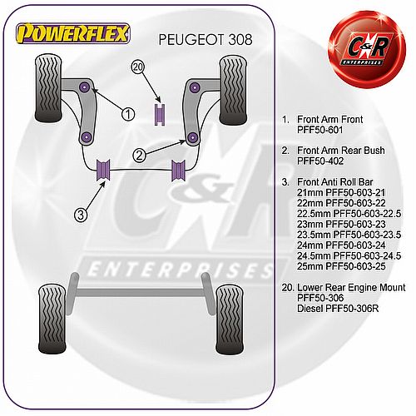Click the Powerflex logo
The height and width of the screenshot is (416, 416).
73,33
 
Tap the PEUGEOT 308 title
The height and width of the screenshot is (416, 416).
206,40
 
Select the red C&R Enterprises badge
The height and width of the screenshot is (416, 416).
367,49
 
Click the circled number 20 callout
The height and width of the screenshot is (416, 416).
138,67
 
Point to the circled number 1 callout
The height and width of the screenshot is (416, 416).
128,114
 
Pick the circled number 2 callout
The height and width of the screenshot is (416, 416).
139,156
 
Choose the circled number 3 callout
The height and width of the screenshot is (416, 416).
81,215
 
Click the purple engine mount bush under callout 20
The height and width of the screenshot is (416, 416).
160,114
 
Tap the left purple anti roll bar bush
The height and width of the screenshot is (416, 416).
103,170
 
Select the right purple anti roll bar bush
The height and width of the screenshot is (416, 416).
178,170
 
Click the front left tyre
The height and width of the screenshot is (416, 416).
48,88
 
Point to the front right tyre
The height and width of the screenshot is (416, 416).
233,90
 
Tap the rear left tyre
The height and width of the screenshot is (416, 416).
52,319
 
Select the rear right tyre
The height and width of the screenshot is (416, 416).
230,319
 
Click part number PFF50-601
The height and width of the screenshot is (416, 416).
320,130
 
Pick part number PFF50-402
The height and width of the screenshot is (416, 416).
320,161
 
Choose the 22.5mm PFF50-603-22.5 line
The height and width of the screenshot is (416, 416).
349,214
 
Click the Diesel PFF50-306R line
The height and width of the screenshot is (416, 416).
338,308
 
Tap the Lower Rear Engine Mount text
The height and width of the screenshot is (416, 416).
351,287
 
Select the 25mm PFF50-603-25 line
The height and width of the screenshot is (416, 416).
341,266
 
